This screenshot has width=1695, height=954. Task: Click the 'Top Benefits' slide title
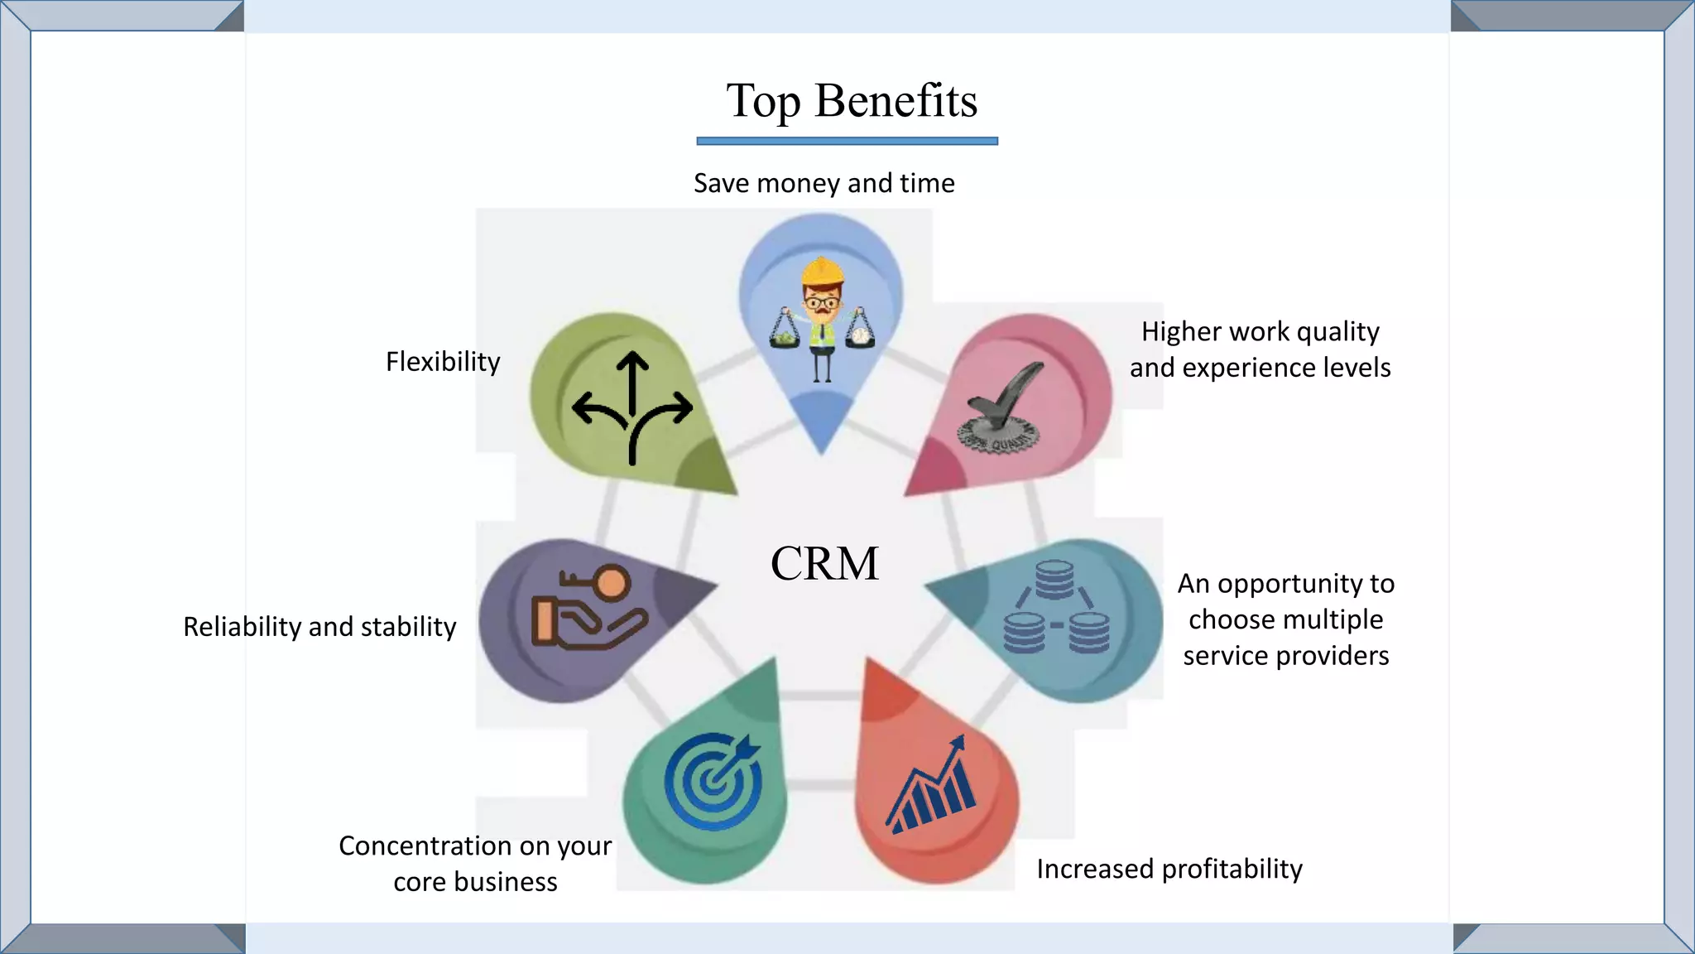pyautogui.click(x=852, y=101)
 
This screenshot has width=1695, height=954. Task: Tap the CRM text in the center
pyautogui.click(x=824, y=564)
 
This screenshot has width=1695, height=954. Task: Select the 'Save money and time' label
pyautogui.click(x=823, y=183)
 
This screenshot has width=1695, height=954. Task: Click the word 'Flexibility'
pyautogui.click(x=443, y=362)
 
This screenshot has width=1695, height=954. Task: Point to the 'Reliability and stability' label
pyautogui.click(x=319, y=627)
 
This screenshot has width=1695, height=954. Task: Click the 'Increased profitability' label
pyautogui.click(x=1169, y=869)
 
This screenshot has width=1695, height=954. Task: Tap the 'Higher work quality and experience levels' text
pyautogui.click(x=1260, y=349)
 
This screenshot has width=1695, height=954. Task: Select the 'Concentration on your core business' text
pyautogui.click(x=475, y=864)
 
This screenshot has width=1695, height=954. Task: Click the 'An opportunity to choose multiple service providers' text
pyautogui.click(x=1285, y=619)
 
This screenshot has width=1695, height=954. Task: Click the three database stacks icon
pyautogui.click(x=1055, y=607)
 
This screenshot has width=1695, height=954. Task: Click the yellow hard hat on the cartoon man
pyautogui.click(x=822, y=270)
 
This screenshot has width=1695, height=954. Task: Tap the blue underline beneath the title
pyautogui.click(x=847, y=142)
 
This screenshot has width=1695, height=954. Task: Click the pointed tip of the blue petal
pyautogui.click(x=822, y=449)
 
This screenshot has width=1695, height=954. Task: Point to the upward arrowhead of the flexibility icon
pyautogui.click(x=632, y=361)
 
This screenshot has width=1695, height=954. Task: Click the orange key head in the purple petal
pyautogui.click(x=612, y=583)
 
